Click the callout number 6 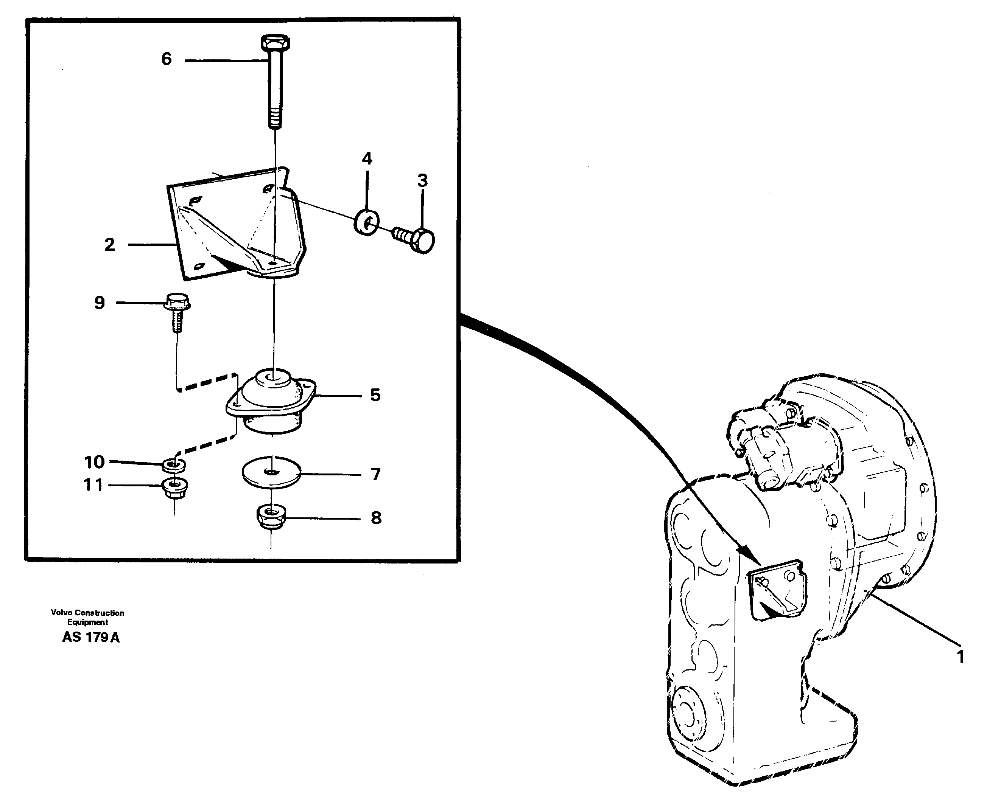coord(166,59)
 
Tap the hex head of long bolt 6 coord(275,43)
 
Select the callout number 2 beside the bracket coord(109,245)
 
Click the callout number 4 coord(367,159)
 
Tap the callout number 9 coord(99,303)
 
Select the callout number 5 coord(375,396)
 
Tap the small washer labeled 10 coord(174,465)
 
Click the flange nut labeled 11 coord(174,488)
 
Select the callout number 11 coord(93,485)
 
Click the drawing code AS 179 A coord(91,638)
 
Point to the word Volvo coord(61,613)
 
